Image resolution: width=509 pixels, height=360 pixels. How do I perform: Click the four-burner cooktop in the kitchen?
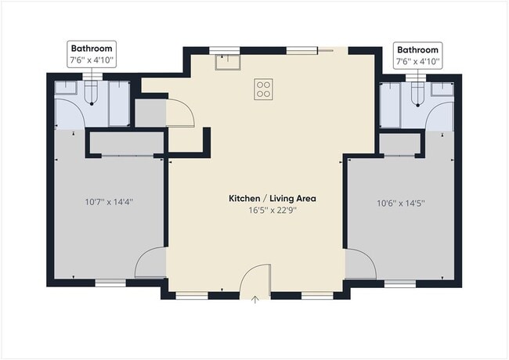263,89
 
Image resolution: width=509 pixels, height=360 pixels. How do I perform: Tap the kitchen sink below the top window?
228,62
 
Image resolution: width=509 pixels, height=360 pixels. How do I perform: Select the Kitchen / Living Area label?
273,198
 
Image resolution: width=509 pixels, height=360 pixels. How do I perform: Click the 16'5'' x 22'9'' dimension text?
273,211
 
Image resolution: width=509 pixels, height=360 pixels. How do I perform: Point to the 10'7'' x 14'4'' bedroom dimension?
109,202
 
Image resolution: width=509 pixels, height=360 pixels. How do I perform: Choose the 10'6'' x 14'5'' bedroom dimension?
401,203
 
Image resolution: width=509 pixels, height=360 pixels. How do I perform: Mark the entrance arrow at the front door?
255,300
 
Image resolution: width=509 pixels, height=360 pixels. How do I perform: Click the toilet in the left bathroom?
91,93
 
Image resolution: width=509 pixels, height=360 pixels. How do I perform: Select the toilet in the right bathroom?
418,95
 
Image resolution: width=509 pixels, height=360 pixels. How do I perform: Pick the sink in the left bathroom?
65,88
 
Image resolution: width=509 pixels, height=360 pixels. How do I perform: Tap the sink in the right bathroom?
442,89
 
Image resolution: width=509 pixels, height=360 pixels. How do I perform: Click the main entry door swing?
248,272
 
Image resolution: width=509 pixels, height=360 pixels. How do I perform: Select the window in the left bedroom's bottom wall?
110,283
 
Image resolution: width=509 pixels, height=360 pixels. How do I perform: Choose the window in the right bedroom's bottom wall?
400,284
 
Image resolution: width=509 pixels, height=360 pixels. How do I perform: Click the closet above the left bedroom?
127,142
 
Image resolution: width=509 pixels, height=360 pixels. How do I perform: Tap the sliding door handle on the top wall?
326,50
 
